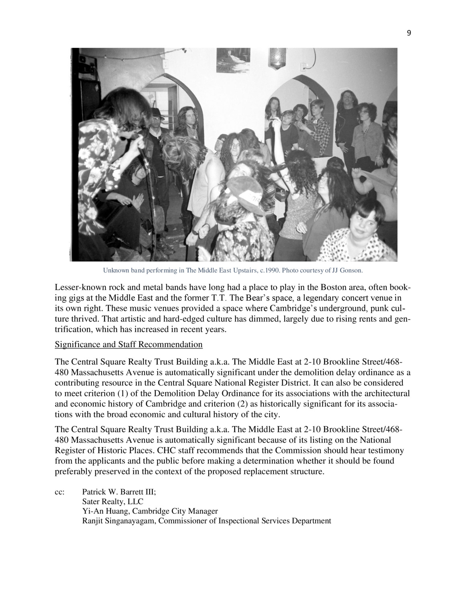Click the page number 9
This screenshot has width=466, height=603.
click(x=409, y=33)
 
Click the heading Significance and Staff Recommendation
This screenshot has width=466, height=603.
click(x=128, y=345)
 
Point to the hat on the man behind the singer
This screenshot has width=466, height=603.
click(x=157, y=113)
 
